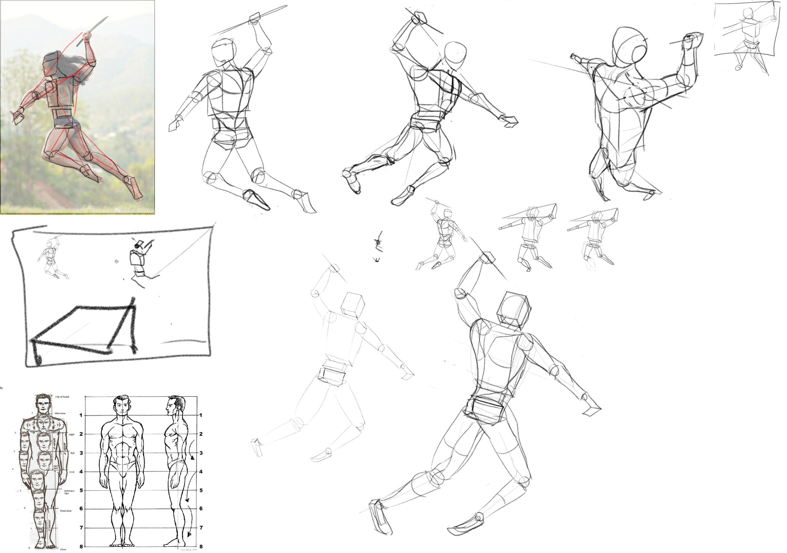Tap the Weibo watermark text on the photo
(x=136, y=210)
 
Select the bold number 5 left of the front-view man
(x=81, y=490)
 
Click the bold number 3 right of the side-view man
(x=201, y=453)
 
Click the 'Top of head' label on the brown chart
(x=62, y=397)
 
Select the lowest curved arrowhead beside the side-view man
(x=189, y=534)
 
